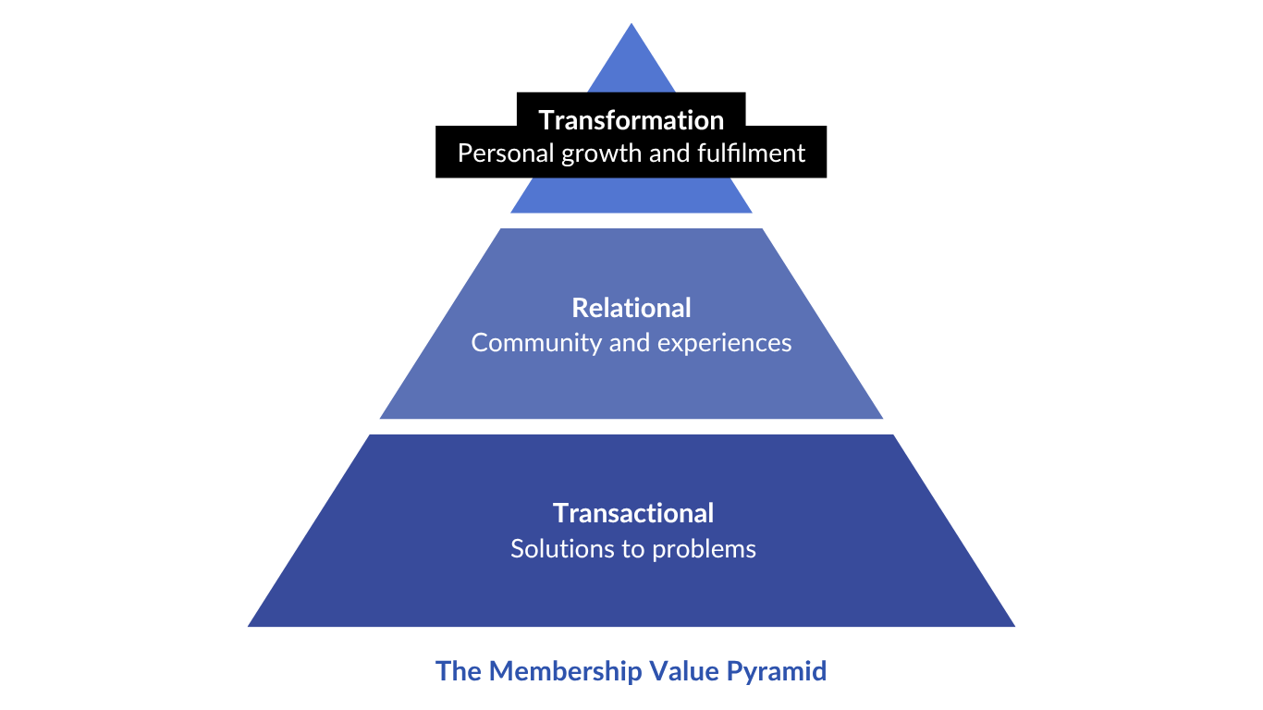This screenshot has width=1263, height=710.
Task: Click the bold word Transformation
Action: (x=631, y=120)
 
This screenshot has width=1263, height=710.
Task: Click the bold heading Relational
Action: (x=631, y=308)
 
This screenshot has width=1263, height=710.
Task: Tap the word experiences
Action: (x=725, y=344)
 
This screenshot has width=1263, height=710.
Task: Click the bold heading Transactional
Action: (x=633, y=513)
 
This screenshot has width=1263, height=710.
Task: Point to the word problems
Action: (x=705, y=549)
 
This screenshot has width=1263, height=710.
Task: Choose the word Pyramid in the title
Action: (x=777, y=672)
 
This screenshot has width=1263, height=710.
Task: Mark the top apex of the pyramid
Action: (x=631, y=25)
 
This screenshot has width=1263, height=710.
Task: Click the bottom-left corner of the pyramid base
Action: (x=250, y=626)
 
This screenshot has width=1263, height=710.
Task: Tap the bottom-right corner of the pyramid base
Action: (x=1013, y=626)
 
